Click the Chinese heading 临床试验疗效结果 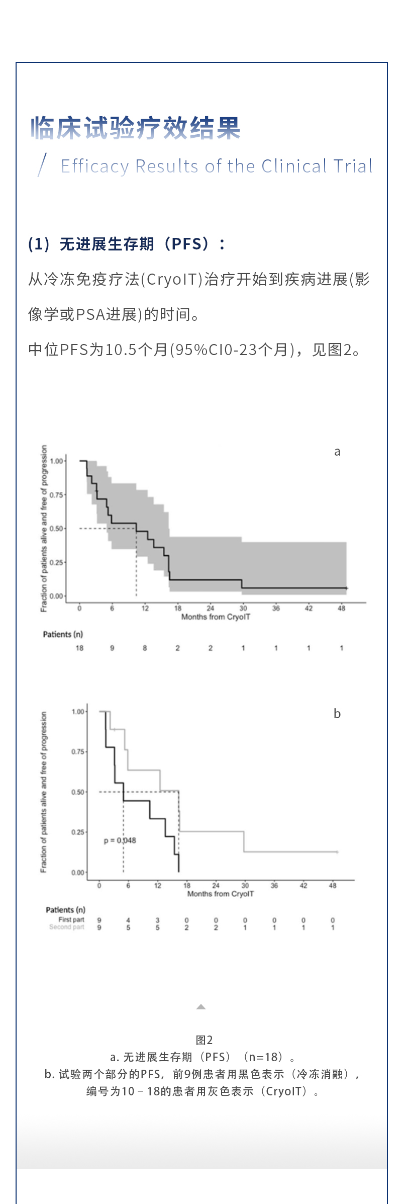tap(136, 128)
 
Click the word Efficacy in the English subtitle tap(95, 166)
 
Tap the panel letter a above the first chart tap(337, 452)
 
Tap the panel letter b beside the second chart tap(337, 714)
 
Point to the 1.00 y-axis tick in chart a tap(56, 461)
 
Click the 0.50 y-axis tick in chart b tap(78, 792)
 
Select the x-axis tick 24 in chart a tap(210, 608)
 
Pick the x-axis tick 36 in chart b tap(274, 886)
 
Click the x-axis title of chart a tap(216, 617)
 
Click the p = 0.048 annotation tap(120, 840)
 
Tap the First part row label tap(71, 919)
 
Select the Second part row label tap(67, 927)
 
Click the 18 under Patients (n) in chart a tap(79, 648)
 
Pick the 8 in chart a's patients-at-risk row tap(145, 648)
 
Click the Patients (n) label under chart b tap(65, 910)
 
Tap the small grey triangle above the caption tap(201, 1006)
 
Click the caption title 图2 tap(204, 1040)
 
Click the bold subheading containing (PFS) tap(127, 244)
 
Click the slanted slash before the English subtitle tap(42, 164)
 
